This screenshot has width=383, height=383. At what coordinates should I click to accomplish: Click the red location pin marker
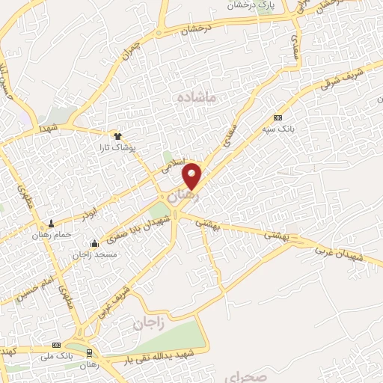click(192, 175)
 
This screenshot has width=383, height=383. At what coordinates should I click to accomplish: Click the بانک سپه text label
click(278, 129)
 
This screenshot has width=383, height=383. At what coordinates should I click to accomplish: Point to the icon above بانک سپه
click(278, 118)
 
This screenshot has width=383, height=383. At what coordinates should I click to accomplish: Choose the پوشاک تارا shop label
click(117, 147)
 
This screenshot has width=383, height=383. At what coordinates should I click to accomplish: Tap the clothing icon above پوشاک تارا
click(117, 135)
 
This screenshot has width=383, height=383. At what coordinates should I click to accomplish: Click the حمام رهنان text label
click(52, 235)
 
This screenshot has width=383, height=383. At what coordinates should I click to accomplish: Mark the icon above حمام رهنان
click(52, 224)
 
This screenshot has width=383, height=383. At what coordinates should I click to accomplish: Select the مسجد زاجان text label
click(94, 254)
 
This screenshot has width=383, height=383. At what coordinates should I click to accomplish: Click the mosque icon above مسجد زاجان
click(94, 243)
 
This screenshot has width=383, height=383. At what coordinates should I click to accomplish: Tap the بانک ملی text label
click(56, 357)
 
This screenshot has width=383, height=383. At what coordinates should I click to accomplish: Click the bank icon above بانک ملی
click(56, 346)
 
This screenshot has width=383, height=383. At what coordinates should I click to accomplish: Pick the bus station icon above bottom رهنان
click(90, 352)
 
